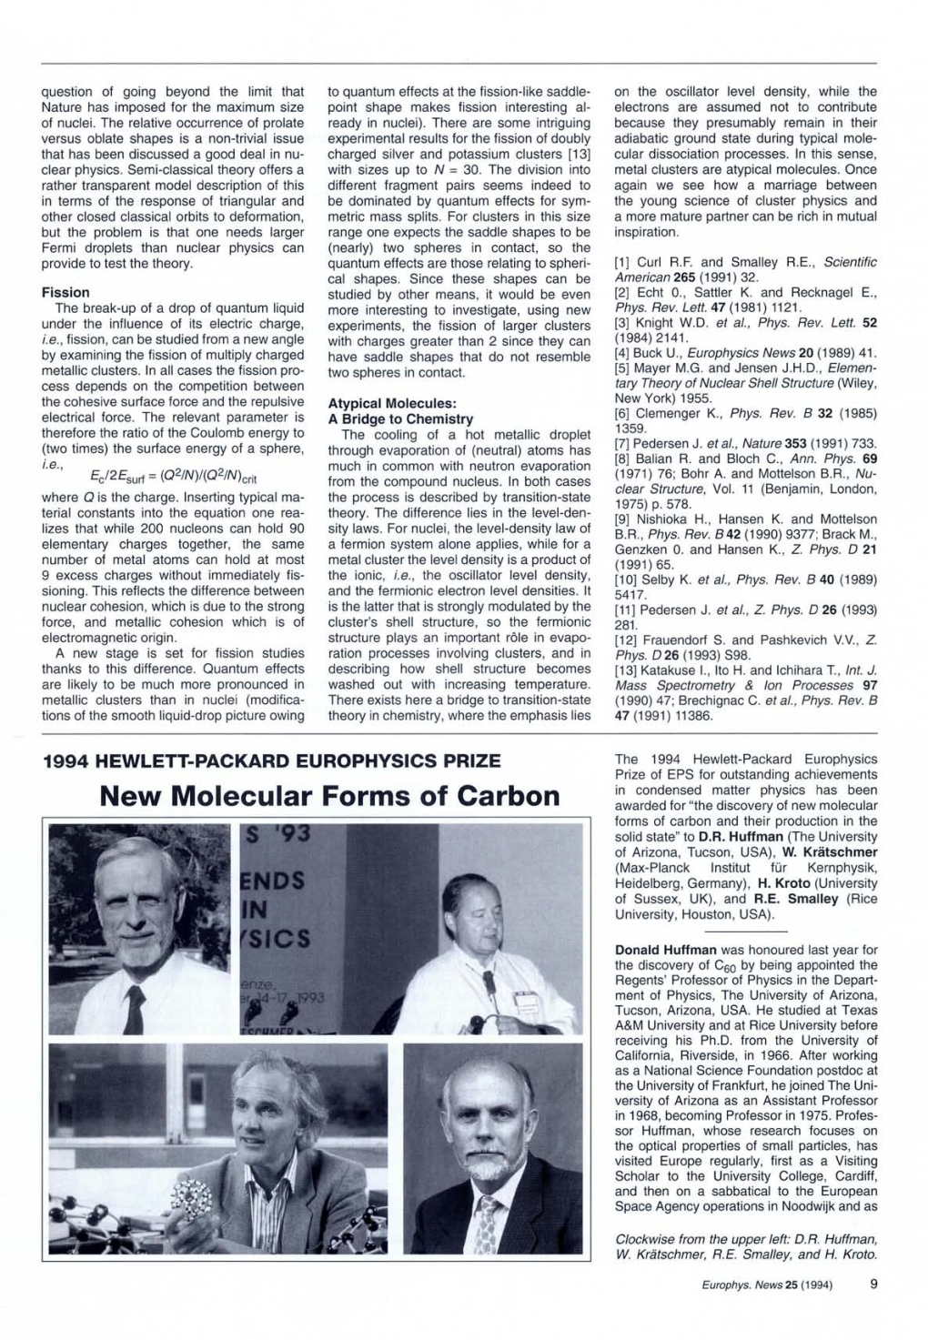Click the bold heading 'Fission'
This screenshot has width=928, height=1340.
(66, 292)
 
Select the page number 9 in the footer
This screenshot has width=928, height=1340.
(873, 1285)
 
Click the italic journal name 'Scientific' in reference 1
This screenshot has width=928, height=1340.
(850, 262)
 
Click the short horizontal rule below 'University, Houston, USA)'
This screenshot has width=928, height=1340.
(745, 932)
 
